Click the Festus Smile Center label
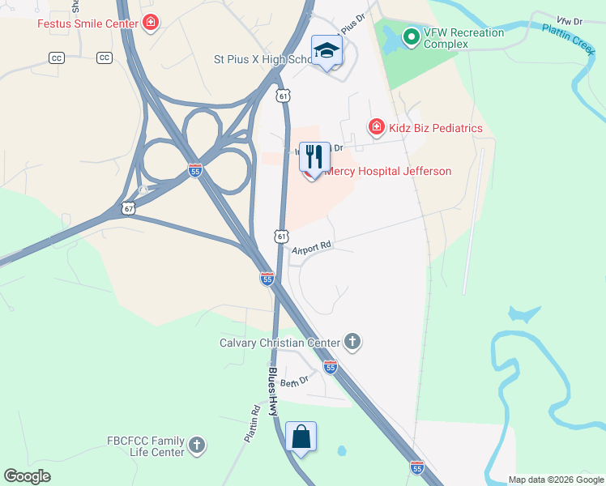tap(87, 23)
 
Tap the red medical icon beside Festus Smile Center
tap(150, 23)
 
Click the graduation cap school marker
tap(327, 51)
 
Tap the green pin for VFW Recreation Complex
tap(411, 36)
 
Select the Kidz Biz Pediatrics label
tap(435, 128)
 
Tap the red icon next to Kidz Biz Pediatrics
tap(376, 127)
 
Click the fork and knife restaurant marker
tap(314, 156)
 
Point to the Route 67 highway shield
tap(129, 208)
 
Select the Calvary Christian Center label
tap(280, 343)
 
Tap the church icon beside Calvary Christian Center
tap(352, 342)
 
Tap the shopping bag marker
tap(301, 437)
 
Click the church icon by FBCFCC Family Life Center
tap(197, 445)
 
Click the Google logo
tap(28, 476)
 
